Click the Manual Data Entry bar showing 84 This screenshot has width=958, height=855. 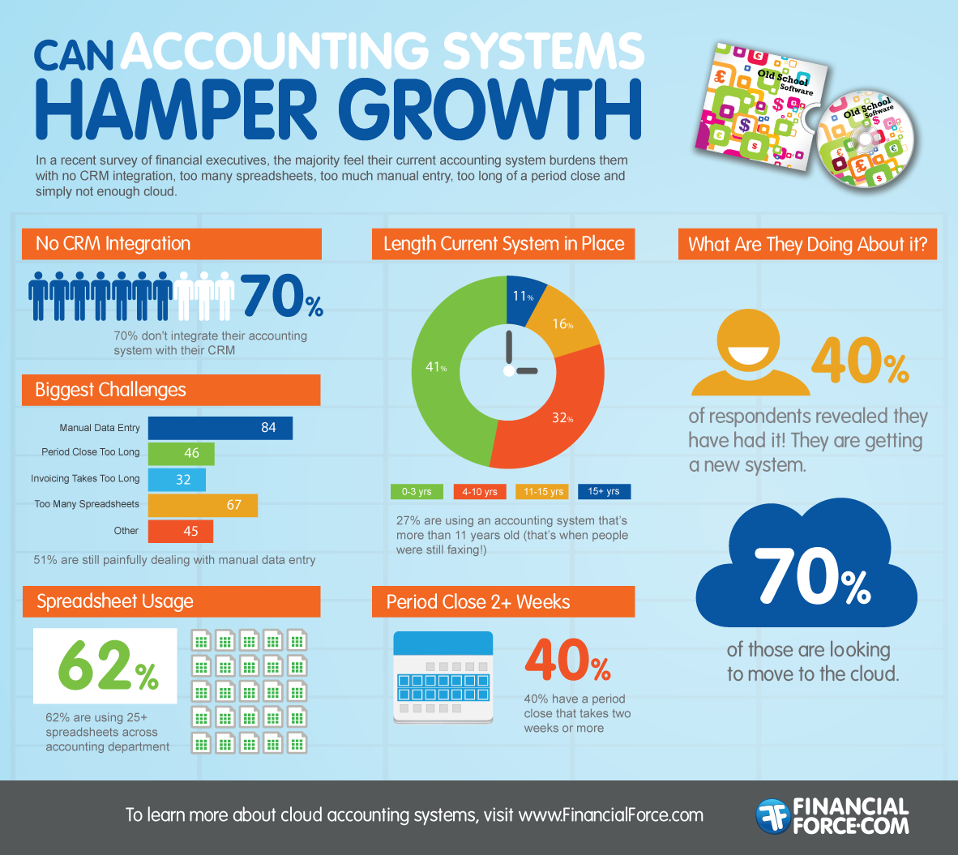pyautogui.click(x=220, y=428)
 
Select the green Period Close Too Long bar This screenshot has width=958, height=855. pyautogui.click(x=181, y=453)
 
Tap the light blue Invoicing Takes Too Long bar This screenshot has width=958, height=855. pyautogui.click(x=177, y=480)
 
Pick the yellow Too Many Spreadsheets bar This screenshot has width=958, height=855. pyautogui.click(x=203, y=505)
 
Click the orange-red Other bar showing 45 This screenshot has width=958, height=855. pyautogui.click(x=180, y=531)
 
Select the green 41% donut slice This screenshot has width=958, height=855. pyautogui.click(x=442, y=381)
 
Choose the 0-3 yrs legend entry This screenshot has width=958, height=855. pyautogui.click(x=417, y=492)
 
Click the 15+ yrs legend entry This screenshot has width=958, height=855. pyautogui.click(x=604, y=492)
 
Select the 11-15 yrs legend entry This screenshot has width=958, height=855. pyautogui.click(x=542, y=492)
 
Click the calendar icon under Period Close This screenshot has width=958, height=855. pyautogui.click(x=443, y=677)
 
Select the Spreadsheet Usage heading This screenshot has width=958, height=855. pyautogui.click(x=115, y=601)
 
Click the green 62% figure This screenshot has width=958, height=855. pyautogui.click(x=107, y=666)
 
